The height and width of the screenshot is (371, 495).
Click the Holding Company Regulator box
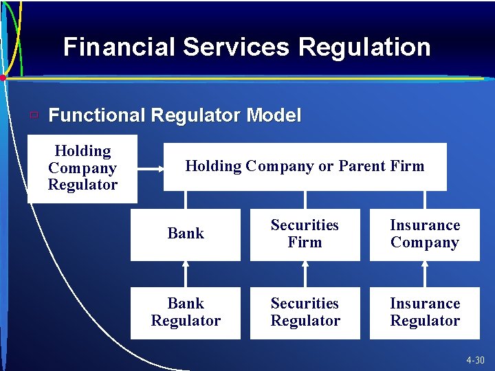82,168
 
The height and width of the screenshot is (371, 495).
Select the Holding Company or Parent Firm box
305,166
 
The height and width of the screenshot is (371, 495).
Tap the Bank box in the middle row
186,234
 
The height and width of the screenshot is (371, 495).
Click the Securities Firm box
305,234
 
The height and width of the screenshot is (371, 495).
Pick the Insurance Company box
424,234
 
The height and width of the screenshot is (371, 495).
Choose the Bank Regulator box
186,313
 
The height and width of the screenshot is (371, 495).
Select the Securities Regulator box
305,313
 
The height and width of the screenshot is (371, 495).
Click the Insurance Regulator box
424,313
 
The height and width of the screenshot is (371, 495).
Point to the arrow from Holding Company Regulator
150,166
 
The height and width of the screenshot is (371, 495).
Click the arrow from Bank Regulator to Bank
186,273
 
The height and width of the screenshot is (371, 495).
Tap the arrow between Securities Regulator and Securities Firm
305,273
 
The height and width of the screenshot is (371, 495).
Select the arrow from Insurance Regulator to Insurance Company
425,273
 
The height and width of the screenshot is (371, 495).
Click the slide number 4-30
474,361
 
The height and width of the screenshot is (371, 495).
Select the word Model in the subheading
273,115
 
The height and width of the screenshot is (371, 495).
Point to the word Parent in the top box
362,166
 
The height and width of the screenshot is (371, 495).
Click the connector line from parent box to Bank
186,199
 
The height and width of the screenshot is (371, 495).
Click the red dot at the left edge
3,78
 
